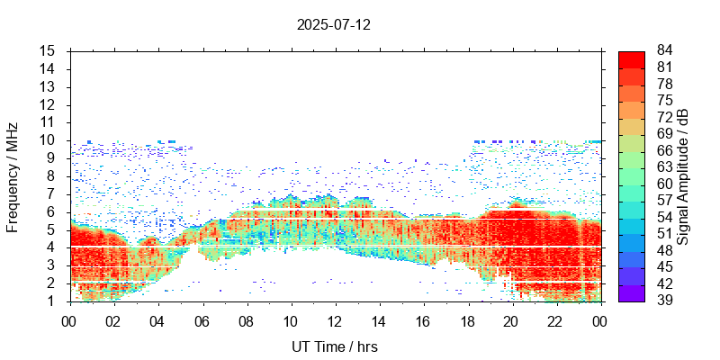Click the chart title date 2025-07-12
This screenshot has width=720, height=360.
coord(334,24)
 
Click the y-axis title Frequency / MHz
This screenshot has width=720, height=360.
coord(13,176)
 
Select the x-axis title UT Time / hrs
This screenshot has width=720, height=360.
coord(334,346)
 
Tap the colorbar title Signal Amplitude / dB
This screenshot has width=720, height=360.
coord(684,176)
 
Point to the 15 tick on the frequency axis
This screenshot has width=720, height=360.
coord(49,50)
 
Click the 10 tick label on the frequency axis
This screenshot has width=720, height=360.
coord(49,139)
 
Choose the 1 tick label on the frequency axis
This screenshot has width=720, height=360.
coord(52,301)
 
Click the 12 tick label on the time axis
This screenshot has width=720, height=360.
coord(334,320)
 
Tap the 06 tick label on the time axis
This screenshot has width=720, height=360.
coord(202,320)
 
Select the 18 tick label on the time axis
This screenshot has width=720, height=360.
coord(467,320)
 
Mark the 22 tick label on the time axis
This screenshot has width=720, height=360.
coord(555,320)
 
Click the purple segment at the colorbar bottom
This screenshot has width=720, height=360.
coord(632,292)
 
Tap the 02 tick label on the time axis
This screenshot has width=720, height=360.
coord(113,320)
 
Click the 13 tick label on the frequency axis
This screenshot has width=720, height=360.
coord(49,86)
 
